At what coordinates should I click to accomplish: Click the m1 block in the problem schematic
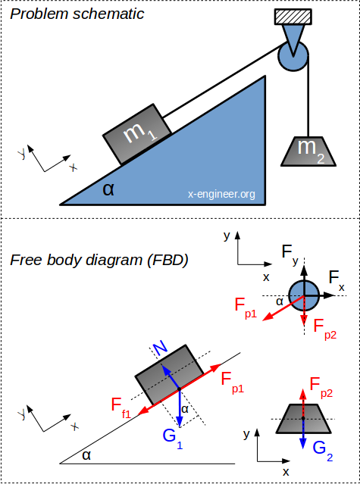coord(137,134)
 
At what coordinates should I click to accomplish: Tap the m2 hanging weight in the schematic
coord(308,151)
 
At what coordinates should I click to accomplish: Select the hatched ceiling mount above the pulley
coord(293,17)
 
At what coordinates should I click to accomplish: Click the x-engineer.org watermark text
coord(221,195)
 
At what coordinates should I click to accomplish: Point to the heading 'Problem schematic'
coord(77,14)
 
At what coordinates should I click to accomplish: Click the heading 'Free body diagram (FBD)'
coord(99,261)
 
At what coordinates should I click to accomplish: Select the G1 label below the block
coord(172,438)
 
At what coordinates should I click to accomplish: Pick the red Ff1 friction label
coord(121,407)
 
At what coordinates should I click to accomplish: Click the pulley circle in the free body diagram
coord(304,295)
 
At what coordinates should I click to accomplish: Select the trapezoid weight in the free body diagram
coord(304,418)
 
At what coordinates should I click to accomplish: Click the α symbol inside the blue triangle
coord(108,189)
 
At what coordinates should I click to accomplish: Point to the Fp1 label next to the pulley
coord(246,308)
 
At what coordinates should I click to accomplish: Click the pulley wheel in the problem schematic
coord(293,56)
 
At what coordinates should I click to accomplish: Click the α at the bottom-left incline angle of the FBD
coord(86,456)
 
